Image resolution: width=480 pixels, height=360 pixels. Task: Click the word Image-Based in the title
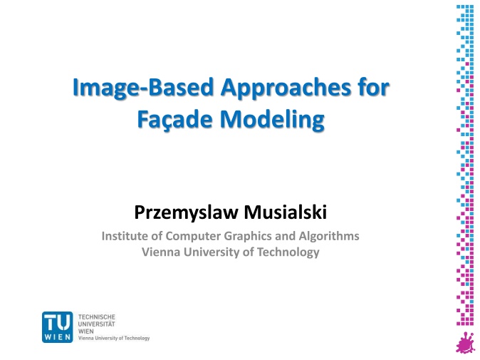click(x=143, y=88)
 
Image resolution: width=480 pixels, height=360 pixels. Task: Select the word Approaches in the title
click(x=286, y=88)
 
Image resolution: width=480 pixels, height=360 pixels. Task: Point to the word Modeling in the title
click(x=272, y=120)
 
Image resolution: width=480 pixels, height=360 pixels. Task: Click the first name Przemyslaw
click(x=187, y=213)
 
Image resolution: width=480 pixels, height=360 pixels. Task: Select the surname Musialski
click(x=286, y=212)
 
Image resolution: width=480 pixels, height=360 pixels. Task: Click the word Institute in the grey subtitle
click(x=123, y=236)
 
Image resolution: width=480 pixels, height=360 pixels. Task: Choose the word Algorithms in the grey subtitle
click(x=329, y=236)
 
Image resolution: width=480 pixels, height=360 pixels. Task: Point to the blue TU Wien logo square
click(x=57, y=327)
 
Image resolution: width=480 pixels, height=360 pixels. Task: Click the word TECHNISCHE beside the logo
click(x=97, y=317)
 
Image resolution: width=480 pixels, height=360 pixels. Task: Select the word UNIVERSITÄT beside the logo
click(x=97, y=324)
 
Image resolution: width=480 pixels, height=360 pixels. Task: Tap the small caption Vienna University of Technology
click(x=114, y=338)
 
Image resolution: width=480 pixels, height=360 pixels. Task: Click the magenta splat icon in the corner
click(x=466, y=343)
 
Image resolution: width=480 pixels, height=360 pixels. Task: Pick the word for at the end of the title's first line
click(x=374, y=88)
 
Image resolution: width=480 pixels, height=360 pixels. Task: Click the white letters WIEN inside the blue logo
click(x=57, y=337)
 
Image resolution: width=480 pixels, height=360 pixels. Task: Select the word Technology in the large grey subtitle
click(x=288, y=252)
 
